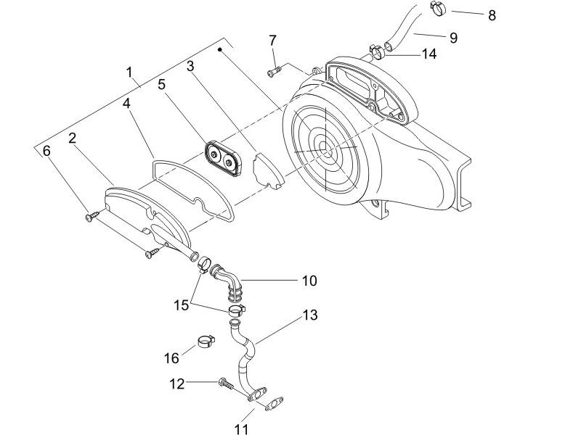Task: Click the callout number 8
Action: tap(492, 14)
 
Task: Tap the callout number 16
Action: tap(171, 357)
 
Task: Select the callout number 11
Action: tap(242, 429)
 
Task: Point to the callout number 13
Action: tap(310, 315)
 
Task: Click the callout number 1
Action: tap(129, 72)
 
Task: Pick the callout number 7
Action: tap(272, 39)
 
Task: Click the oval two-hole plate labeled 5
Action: tap(221, 159)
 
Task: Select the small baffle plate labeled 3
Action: tap(266, 170)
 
